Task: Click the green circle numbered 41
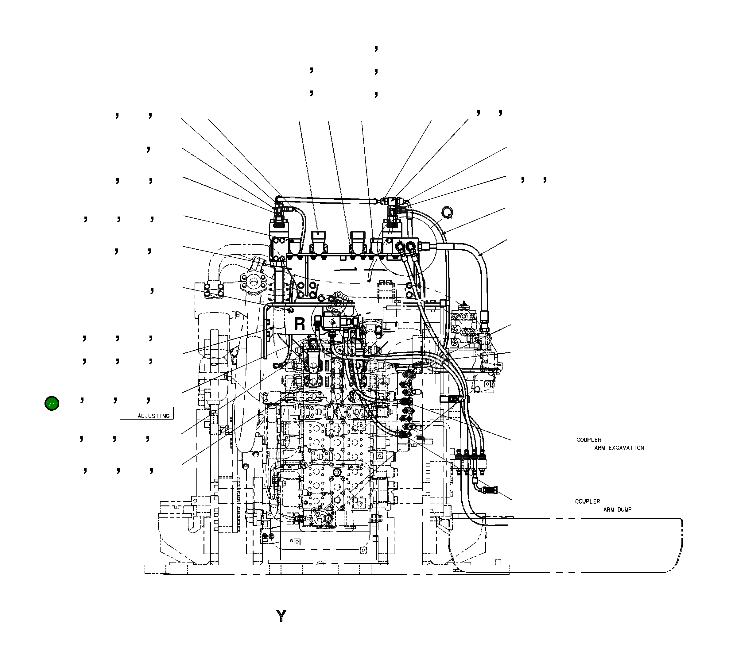click(52, 404)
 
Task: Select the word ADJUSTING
click(153, 416)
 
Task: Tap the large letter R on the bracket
click(300, 324)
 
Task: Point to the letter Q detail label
click(447, 212)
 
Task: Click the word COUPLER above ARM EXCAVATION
click(588, 440)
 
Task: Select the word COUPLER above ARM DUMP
click(587, 501)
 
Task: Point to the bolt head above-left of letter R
click(290, 310)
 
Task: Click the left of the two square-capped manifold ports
click(319, 236)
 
